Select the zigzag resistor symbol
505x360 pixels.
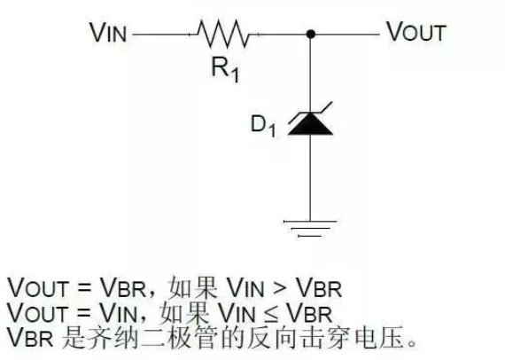[x=227, y=35]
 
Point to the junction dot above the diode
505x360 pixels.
[x=311, y=35]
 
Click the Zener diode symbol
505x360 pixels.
[x=311, y=121]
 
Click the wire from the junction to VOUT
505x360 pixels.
[x=346, y=35]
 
